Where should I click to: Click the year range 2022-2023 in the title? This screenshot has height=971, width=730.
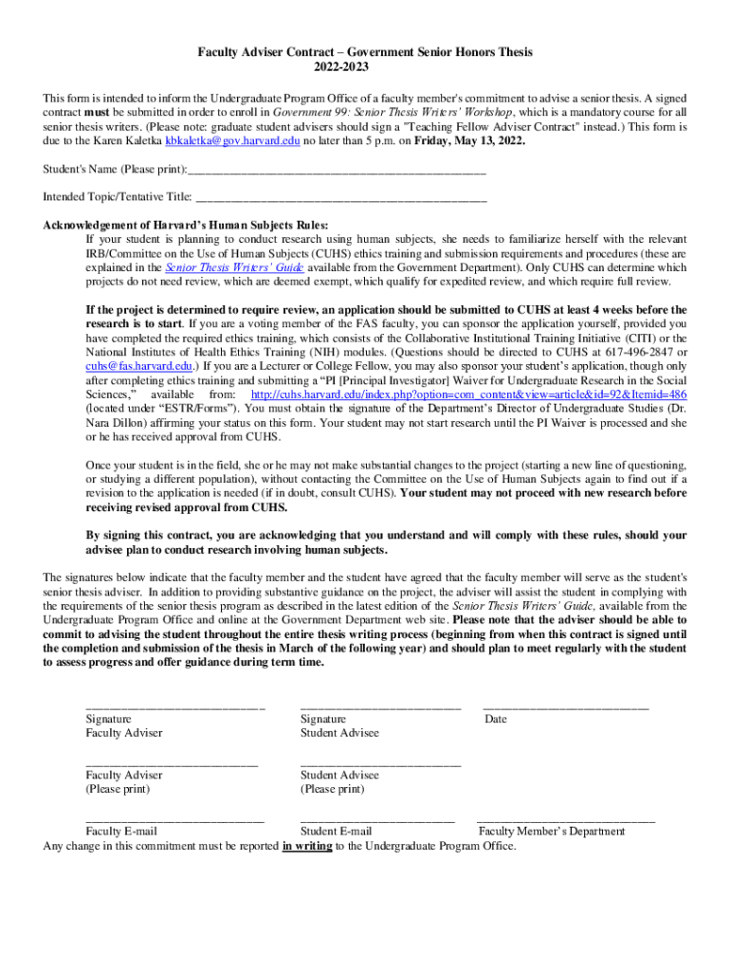tap(364, 67)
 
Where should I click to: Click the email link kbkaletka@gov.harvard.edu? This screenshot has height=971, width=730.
tap(232, 140)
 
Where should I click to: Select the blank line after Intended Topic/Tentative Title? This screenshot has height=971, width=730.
tap(340, 200)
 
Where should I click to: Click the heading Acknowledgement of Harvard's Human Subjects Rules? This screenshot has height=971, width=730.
tap(187, 226)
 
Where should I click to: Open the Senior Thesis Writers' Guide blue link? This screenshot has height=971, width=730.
tap(224, 267)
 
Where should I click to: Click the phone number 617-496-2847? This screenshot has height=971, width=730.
tap(635, 352)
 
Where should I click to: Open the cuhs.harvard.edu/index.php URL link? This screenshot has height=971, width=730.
tap(468, 394)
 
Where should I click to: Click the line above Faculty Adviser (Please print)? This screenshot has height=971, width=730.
tap(172, 763)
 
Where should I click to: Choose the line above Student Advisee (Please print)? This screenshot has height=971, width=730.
tap(380, 763)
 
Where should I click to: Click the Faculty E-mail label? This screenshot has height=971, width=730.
tap(121, 832)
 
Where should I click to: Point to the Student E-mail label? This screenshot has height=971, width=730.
tap(337, 832)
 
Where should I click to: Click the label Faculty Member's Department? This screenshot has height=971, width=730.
tap(552, 832)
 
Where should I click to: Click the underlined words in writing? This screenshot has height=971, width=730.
tap(307, 846)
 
